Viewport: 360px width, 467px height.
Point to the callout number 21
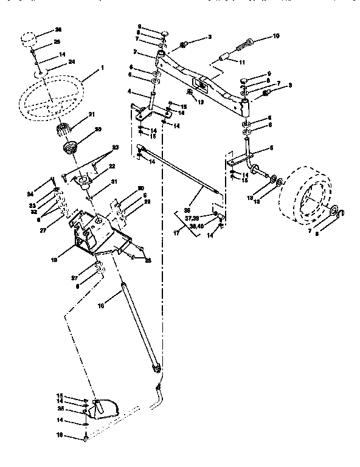click(92, 114)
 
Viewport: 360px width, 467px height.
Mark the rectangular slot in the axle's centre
click(198, 81)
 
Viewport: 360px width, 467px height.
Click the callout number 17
click(177, 231)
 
